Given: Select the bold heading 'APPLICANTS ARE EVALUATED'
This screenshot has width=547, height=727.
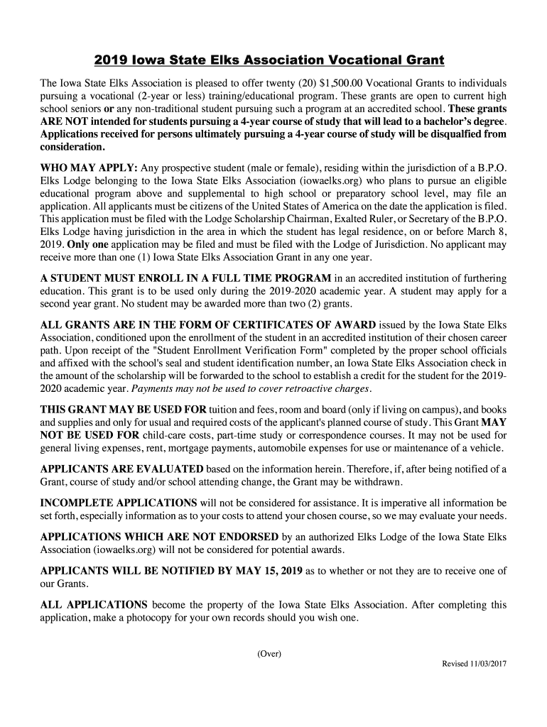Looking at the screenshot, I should pyautogui.click(x=121, y=469).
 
